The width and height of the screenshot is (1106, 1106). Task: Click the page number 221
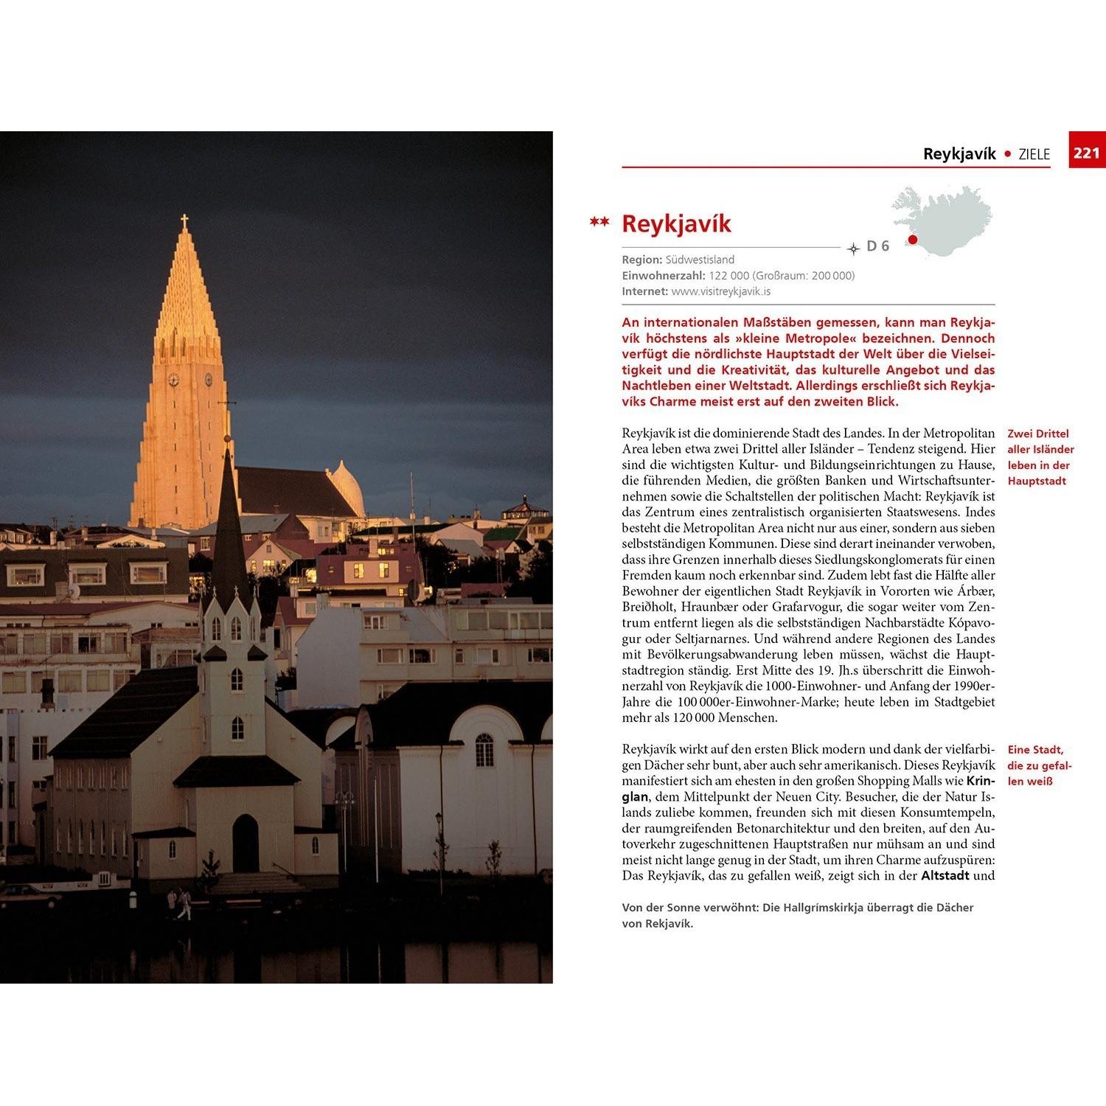1087,153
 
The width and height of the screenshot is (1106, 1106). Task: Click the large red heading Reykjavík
676,223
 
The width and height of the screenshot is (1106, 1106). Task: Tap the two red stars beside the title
599,221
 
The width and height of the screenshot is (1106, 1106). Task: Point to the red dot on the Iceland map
913,239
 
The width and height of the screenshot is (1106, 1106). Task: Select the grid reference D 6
878,246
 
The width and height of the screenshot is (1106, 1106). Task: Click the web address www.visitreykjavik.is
721,291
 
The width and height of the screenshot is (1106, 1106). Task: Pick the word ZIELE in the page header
1034,154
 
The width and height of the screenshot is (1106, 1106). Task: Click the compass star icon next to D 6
854,248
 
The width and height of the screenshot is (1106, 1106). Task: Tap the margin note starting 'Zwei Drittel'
1040,457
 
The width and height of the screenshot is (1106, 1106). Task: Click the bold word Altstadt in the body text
945,876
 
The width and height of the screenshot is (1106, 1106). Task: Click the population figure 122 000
729,276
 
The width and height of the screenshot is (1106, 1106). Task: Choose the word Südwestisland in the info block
700,260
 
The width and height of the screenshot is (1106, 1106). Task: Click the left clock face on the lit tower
173,380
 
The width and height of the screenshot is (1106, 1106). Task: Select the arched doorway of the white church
246,844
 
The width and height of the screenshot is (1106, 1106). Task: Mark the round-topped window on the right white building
484,750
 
